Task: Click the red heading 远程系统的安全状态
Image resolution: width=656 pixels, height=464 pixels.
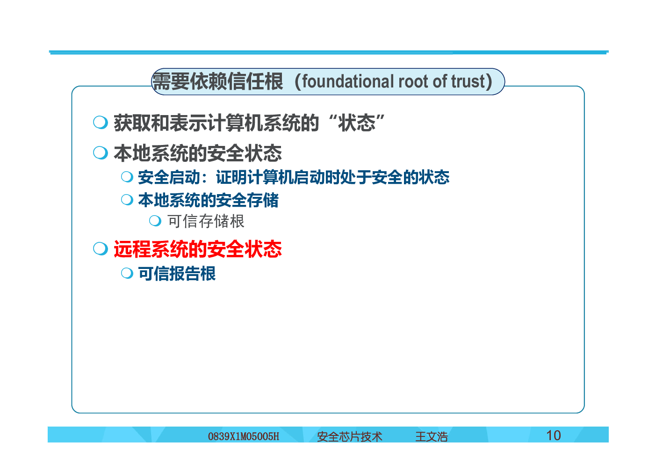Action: click(x=198, y=249)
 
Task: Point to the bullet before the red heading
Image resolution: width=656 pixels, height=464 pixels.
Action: click(x=101, y=248)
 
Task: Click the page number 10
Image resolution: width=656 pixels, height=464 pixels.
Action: click(x=553, y=435)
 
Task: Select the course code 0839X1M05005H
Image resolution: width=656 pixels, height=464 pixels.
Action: click(x=243, y=436)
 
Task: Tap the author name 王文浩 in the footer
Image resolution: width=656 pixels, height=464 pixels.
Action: click(x=432, y=436)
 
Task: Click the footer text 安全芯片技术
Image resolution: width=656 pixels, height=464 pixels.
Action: click(x=350, y=436)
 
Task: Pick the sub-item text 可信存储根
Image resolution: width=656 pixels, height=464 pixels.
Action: click(x=206, y=221)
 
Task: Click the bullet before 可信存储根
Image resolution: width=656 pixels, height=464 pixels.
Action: click(x=155, y=221)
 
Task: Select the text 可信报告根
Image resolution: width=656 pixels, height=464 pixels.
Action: click(x=177, y=274)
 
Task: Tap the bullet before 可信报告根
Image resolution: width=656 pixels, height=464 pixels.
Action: click(x=127, y=273)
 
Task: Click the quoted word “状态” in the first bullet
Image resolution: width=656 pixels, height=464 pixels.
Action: click(x=357, y=123)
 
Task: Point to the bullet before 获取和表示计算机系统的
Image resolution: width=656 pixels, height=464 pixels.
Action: click(x=101, y=122)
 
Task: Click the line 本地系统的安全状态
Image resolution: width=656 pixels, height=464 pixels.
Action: click(x=198, y=153)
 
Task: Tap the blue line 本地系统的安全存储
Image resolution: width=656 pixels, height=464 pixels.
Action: click(x=208, y=200)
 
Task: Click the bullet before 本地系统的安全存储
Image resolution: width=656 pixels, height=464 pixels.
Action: click(x=127, y=200)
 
